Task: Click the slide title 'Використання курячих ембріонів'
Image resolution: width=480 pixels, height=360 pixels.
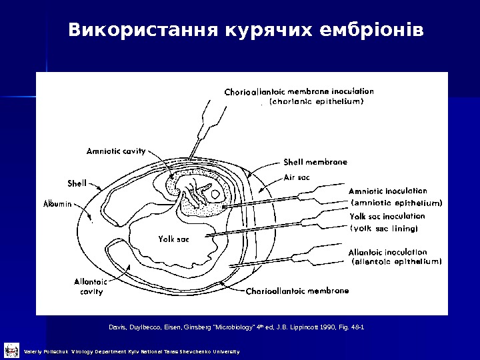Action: [245, 31]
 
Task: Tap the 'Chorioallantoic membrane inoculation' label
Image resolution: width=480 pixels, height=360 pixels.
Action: [299, 91]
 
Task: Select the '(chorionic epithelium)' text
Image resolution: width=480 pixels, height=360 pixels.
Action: [316, 102]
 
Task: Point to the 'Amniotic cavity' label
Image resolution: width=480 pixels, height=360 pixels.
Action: [116, 151]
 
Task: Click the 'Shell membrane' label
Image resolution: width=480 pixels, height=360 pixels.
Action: [315, 162]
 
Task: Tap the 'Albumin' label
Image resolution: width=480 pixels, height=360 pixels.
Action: [58, 204]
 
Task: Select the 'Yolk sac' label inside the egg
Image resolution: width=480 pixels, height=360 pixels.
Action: [174, 239]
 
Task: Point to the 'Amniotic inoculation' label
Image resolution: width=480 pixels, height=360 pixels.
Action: [387, 191]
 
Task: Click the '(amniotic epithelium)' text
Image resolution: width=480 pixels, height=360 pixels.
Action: [396, 202]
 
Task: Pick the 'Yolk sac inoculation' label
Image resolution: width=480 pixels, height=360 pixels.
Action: [387, 216]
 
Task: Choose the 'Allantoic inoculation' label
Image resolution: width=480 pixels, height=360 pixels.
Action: [387, 252]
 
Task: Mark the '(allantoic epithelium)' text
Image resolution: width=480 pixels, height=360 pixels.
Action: [396, 262]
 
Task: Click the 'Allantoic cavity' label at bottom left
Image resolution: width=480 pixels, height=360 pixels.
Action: [91, 287]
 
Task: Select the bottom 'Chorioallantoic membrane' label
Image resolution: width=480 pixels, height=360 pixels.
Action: [297, 291]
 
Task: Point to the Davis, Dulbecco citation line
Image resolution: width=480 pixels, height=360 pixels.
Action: [236, 327]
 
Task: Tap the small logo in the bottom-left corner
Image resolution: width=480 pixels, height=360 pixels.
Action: [11, 349]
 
